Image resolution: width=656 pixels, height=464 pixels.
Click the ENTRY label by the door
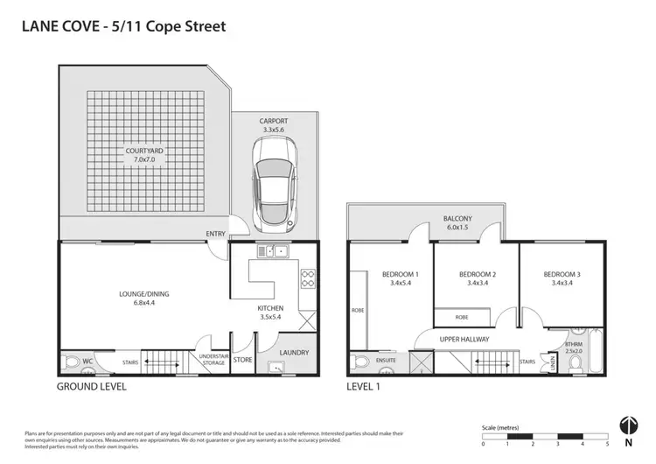215,233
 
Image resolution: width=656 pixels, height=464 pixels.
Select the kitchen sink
272,253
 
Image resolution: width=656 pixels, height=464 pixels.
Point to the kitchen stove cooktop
308,278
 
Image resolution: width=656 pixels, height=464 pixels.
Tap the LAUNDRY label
292,353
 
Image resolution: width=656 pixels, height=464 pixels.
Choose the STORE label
243,359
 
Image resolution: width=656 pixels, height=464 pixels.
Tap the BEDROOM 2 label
477,278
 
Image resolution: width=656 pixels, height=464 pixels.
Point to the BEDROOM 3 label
562,278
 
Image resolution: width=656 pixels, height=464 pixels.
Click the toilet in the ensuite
359,362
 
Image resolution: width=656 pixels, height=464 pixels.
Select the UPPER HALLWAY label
464,339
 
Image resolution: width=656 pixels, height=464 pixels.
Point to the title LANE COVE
59,26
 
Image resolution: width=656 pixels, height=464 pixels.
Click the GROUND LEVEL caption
91,385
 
